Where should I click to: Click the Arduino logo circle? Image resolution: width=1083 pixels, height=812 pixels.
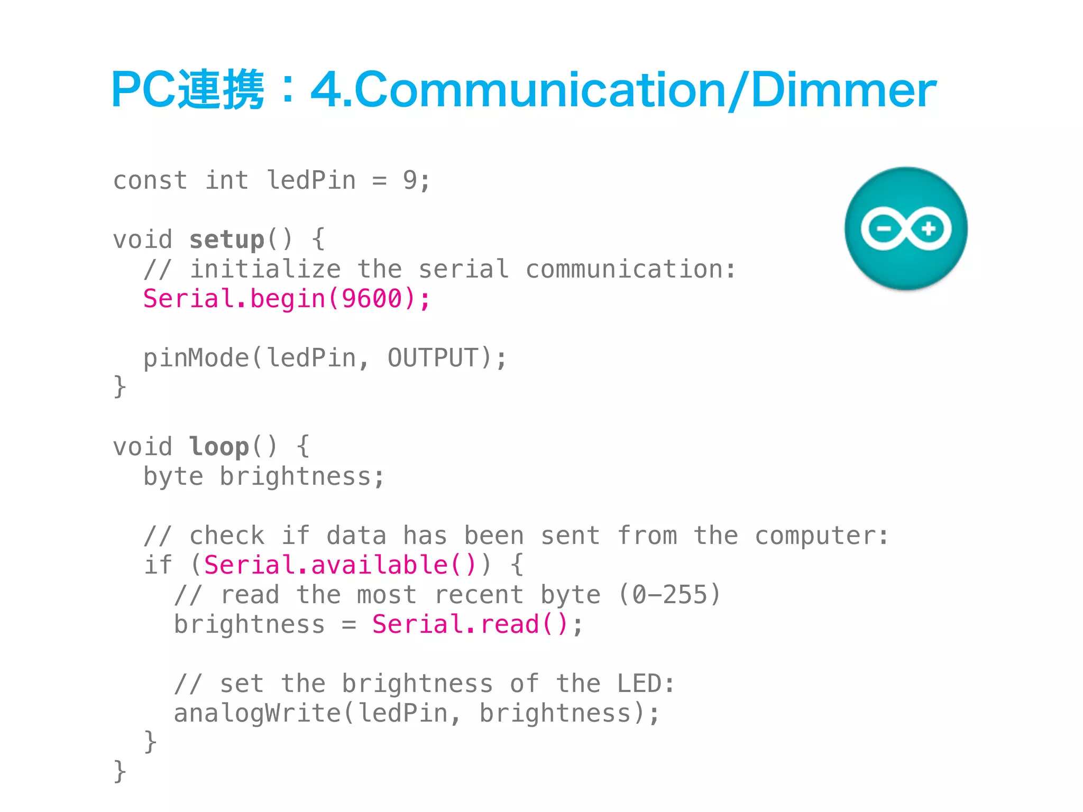coord(906,228)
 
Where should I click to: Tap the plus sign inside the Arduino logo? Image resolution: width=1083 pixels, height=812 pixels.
coord(929,229)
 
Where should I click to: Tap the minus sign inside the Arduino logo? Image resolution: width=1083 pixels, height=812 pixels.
coord(884,229)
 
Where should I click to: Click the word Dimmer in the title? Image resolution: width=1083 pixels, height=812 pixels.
coord(843,90)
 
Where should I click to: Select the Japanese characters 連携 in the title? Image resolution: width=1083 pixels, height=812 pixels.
coord(220,90)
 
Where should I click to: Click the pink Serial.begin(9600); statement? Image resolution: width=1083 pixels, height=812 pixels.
coord(287,299)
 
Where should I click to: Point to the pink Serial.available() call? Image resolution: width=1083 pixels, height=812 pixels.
coord(340,565)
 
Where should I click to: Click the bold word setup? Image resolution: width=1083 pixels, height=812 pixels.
coord(226,239)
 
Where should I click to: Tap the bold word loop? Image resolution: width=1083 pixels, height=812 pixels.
coord(218,447)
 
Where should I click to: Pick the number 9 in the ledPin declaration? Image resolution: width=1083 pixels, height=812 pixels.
coord(410,180)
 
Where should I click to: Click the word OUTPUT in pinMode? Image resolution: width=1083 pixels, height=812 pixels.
coord(433,358)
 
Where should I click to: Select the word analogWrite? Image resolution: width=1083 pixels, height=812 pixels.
coord(258,713)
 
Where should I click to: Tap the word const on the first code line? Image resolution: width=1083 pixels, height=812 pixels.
coord(150,180)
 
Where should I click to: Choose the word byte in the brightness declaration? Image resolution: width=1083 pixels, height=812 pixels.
coord(173,477)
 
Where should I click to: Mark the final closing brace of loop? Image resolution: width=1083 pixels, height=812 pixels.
coord(120,771)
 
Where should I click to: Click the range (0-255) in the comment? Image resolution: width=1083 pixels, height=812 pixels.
coord(669,595)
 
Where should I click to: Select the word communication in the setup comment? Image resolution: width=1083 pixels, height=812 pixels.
coord(624,269)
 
